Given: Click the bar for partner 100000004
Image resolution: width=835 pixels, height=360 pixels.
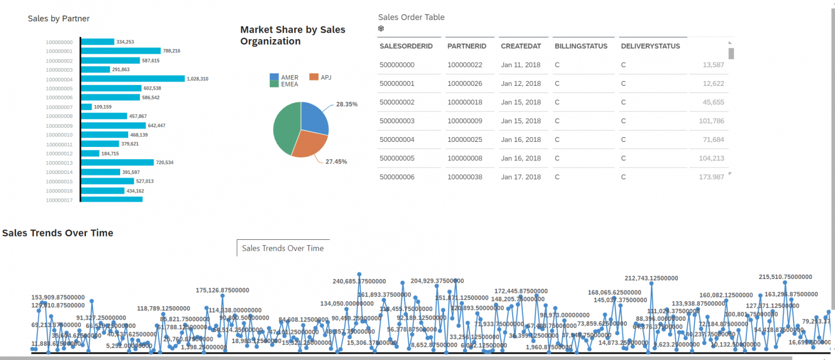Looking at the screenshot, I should pyautogui.click(x=133, y=79).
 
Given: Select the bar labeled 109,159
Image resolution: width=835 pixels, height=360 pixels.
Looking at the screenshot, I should pyautogui.click(x=86, y=107).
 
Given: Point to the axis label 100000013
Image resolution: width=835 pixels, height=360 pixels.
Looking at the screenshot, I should pyautogui.click(x=59, y=163).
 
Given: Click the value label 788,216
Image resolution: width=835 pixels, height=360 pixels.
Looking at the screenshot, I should pyautogui.click(x=171, y=51).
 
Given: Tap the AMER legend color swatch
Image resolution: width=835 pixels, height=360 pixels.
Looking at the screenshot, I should pyautogui.click(x=274, y=77).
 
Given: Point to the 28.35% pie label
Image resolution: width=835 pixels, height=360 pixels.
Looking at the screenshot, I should pyautogui.click(x=347, y=104).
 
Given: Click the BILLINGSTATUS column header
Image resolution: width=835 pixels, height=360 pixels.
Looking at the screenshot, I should pyautogui.click(x=581, y=46).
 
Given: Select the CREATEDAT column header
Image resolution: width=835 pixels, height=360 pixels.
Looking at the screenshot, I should pyautogui.click(x=521, y=46).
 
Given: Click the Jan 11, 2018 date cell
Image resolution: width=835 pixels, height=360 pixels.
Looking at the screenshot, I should pyautogui.click(x=521, y=65).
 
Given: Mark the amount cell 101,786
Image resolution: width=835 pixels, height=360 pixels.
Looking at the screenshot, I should pyautogui.click(x=712, y=121).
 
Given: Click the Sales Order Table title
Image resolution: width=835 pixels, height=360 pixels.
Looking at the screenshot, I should pyautogui.click(x=411, y=17).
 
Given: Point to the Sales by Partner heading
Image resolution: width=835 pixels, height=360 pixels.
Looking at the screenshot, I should pyautogui.click(x=59, y=18).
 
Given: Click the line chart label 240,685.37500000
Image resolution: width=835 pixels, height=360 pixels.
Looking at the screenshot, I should pyautogui.click(x=359, y=281).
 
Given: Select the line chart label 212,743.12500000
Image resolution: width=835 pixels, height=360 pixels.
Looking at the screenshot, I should pyautogui.click(x=651, y=278).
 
